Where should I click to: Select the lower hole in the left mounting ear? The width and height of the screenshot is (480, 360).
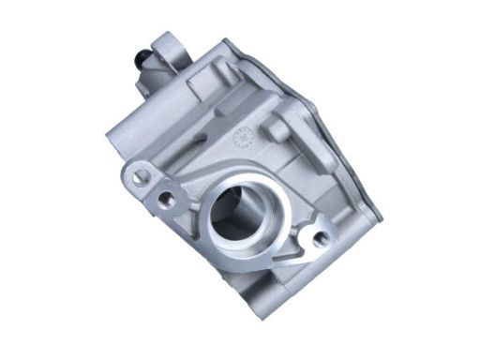pyautogui.click(x=166, y=199)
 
